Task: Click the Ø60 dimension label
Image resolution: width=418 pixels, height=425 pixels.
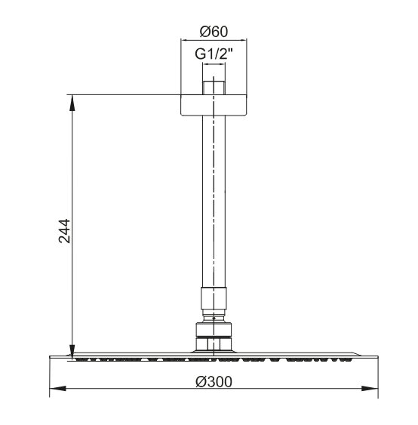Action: (214, 32)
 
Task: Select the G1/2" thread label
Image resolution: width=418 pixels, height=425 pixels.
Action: (214, 54)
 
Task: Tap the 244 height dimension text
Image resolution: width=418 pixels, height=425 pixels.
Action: (64, 231)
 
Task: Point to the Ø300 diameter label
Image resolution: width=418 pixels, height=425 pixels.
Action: (214, 382)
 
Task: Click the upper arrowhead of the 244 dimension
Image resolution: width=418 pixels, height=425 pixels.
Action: (72, 103)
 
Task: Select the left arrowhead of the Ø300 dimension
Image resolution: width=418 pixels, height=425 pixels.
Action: (57, 389)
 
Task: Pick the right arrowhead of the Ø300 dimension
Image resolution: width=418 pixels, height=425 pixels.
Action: (370, 389)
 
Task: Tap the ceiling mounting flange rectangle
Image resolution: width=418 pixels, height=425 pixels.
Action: (214, 106)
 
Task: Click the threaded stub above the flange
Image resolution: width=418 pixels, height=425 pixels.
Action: (214, 88)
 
